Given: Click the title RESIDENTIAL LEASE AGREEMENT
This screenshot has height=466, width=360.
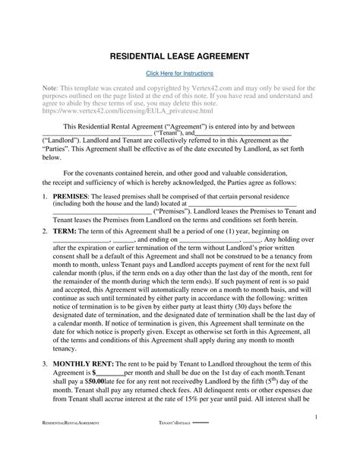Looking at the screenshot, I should coord(179,55).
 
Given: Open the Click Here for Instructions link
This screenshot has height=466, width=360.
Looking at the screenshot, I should coord(180,73).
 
